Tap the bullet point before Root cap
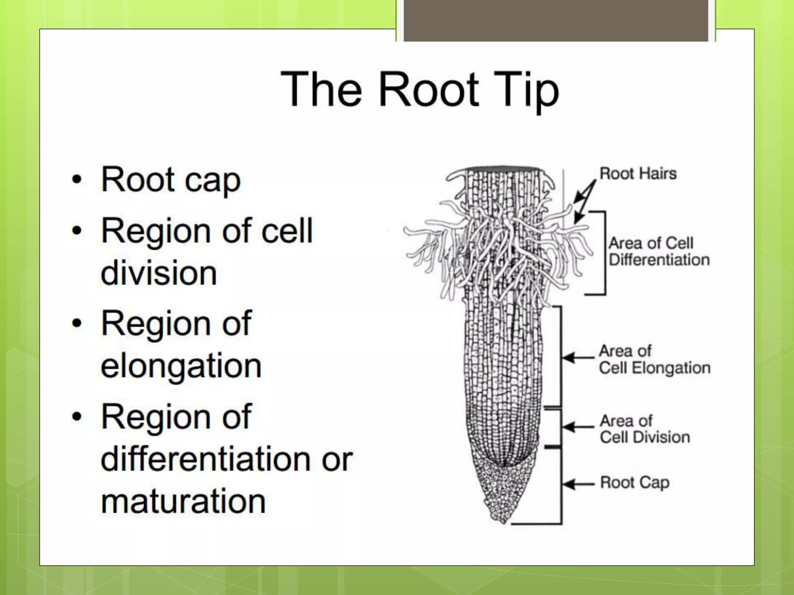(77, 180)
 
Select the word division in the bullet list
(159, 273)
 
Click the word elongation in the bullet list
(181, 366)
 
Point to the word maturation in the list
(183, 501)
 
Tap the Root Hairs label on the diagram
(638, 174)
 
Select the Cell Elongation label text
(654, 368)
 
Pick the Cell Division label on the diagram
(645, 437)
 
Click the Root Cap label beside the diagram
(635, 483)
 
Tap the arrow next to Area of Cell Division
(578, 427)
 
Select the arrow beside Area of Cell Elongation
(578, 357)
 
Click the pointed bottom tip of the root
(503, 521)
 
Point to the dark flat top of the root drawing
(503, 169)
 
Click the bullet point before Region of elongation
(77, 323)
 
